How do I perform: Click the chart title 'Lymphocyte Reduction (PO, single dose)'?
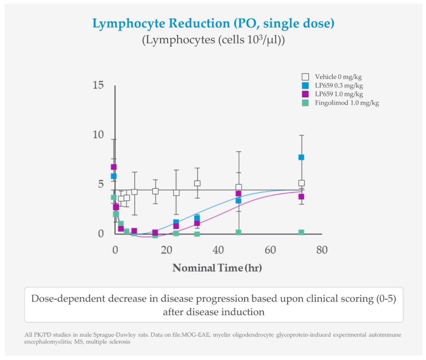point(213,24)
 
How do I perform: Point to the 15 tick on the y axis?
point(98,85)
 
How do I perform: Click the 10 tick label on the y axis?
point(98,135)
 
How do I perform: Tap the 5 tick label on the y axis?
point(101,184)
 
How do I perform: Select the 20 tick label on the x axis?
point(167,250)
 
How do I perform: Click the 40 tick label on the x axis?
point(218,250)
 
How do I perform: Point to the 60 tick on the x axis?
point(270,250)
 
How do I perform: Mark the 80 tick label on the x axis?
point(322,250)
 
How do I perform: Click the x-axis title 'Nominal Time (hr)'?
point(217,268)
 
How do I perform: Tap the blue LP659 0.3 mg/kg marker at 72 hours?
point(301,157)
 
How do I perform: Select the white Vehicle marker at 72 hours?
point(301,183)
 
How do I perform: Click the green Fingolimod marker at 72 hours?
point(301,232)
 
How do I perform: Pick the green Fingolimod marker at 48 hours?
point(238,232)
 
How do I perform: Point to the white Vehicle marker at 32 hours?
point(197,183)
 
